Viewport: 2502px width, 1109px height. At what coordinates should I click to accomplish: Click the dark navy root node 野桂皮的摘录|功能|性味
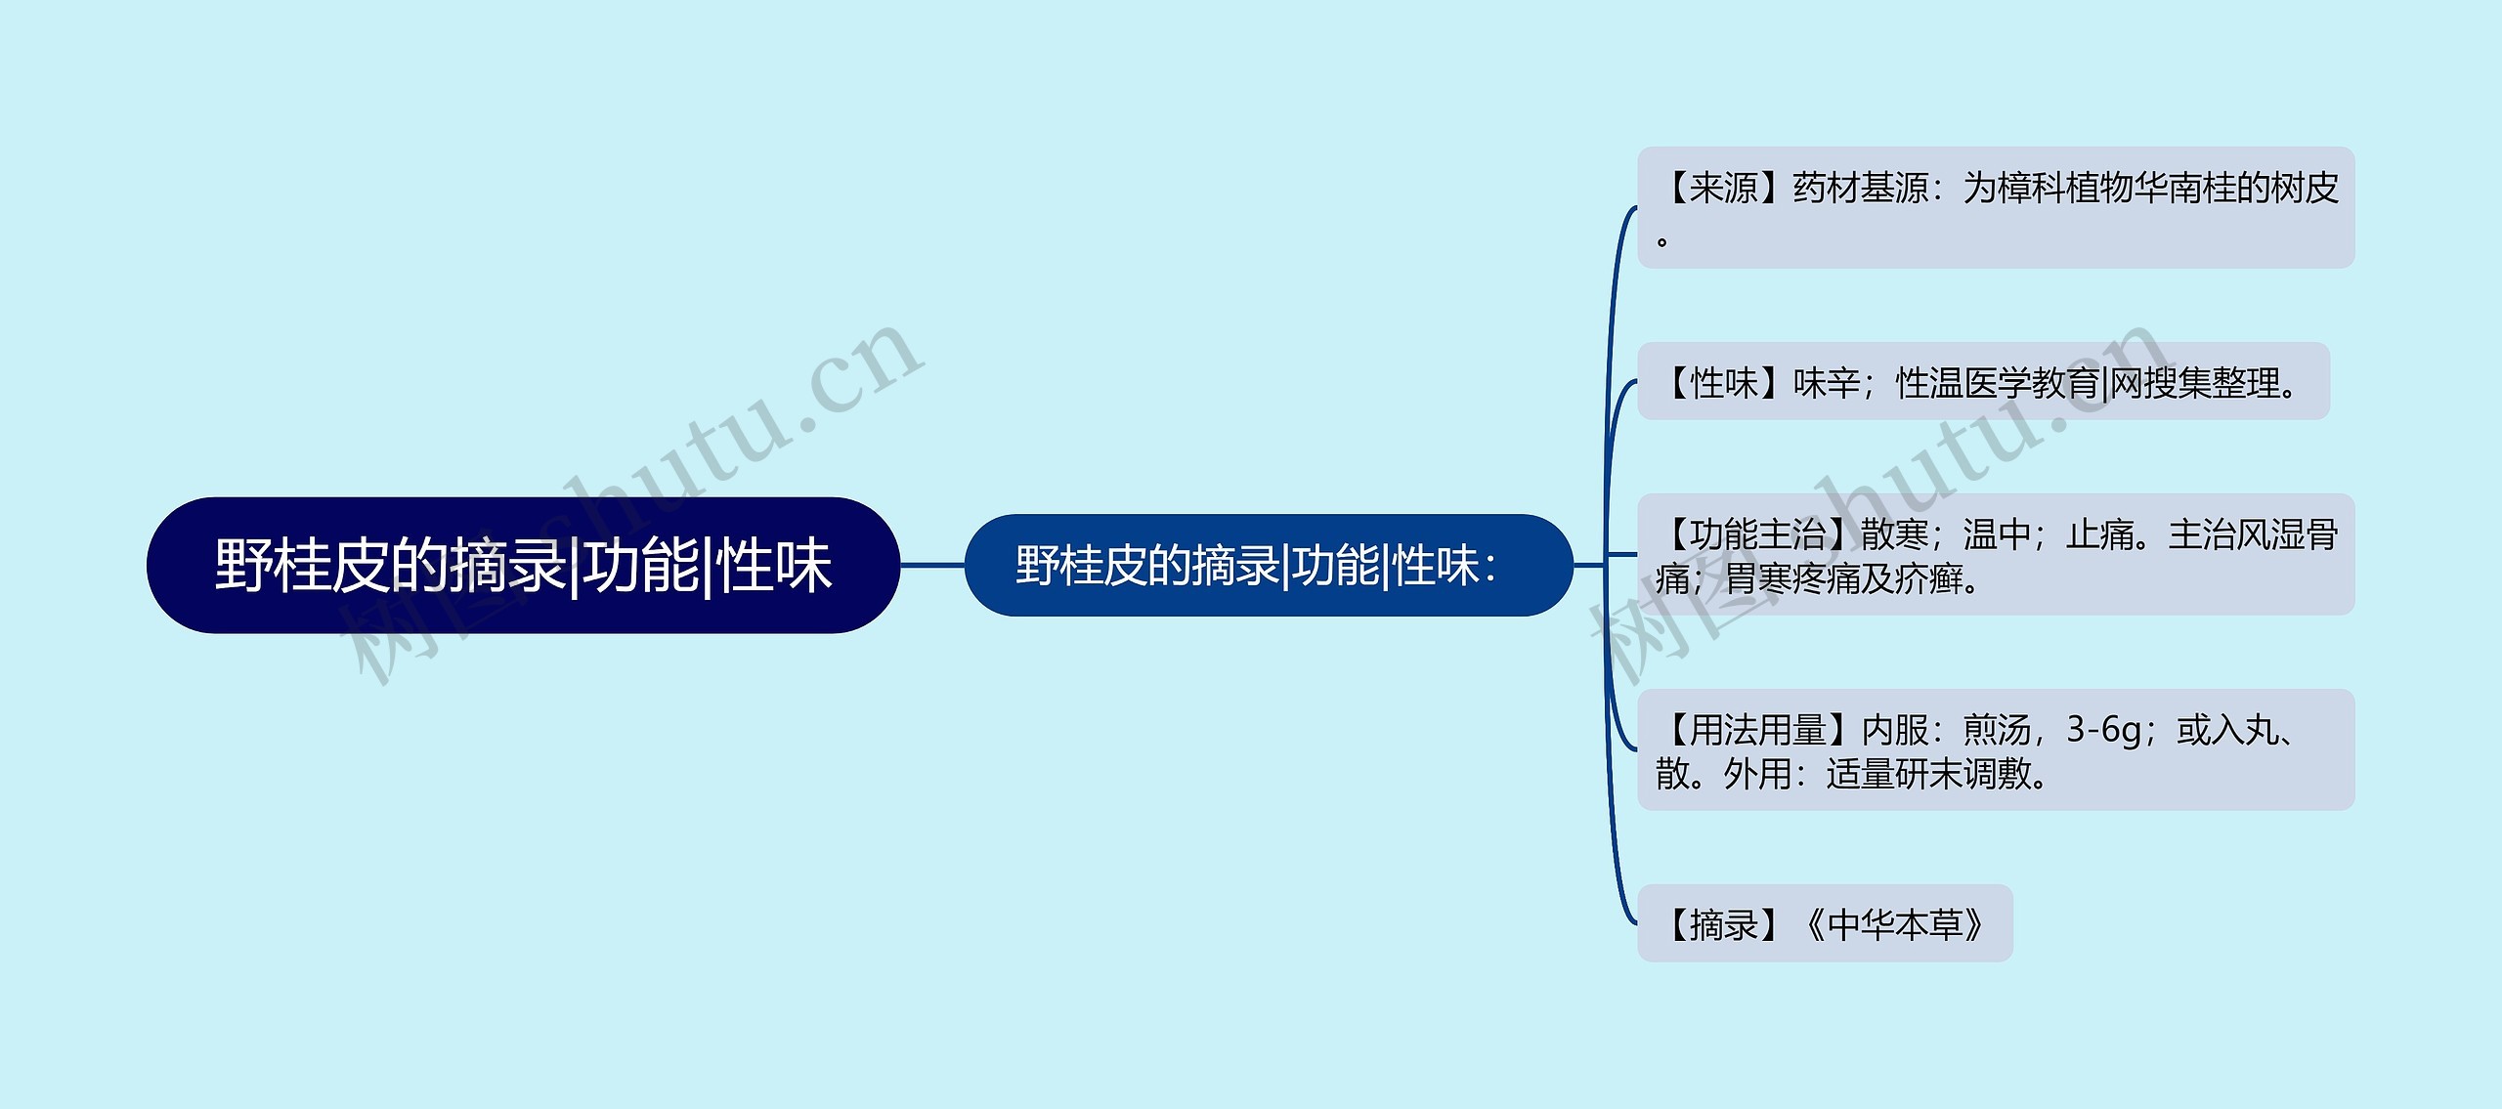pyautogui.click(x=523, y=565)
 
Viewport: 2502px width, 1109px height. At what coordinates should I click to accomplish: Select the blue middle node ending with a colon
pyautogui.click(x=1268, y=565)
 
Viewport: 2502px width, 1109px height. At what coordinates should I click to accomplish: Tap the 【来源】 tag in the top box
pyautogui.click(x=1723, y=188)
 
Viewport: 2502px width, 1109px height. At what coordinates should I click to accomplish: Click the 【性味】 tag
pyautogui.click(x=1723, y=383)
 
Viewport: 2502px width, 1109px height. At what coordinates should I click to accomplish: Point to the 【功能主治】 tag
pyautogui.click(x=1757, y=534)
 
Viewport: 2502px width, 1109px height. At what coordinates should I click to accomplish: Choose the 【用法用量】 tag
pyautogui.click(x=1757, y=730)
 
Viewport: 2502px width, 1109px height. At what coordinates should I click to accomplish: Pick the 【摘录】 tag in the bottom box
pyautogui.click(x=1723, y=924)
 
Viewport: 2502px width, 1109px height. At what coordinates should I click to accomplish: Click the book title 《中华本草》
pyautogui.click(x=1894, y=924)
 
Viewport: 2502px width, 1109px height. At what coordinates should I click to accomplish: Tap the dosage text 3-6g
pyautogui.click(x=2103, y=730)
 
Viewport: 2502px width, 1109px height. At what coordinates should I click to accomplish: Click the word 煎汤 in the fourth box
pyautogui.click(x=1997, y=730)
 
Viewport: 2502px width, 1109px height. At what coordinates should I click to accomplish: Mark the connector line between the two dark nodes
pyautogui.click(x=932, y=565)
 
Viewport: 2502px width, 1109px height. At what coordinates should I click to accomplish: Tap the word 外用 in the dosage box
pyautogui.click(x=1756, y=775)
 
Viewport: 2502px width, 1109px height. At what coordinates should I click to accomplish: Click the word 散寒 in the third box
pyautogui.click(x=1894, y=534)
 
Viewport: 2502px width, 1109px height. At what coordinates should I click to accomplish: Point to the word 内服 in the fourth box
pyautogui.click(x=1894, y=730)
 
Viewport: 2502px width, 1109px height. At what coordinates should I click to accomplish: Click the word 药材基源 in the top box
pyautogui.click(x=1860, y=188)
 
